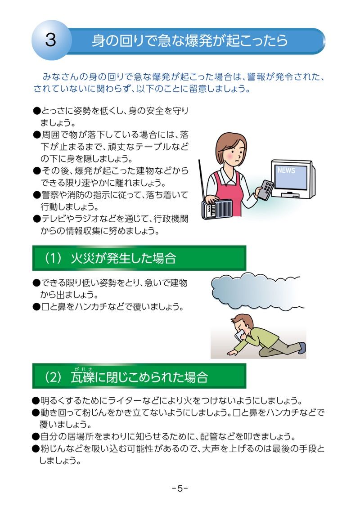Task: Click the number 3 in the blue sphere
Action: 50,40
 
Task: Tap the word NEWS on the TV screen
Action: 286,170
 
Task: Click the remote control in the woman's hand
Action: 265,189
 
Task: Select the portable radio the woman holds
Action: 217,209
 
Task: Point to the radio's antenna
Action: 202,180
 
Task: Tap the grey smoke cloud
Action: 256,291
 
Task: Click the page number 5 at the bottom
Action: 180,488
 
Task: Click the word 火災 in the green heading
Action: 82,259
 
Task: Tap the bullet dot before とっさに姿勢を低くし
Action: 36,111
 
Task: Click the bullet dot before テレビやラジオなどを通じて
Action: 36,219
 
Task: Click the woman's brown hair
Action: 229,143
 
